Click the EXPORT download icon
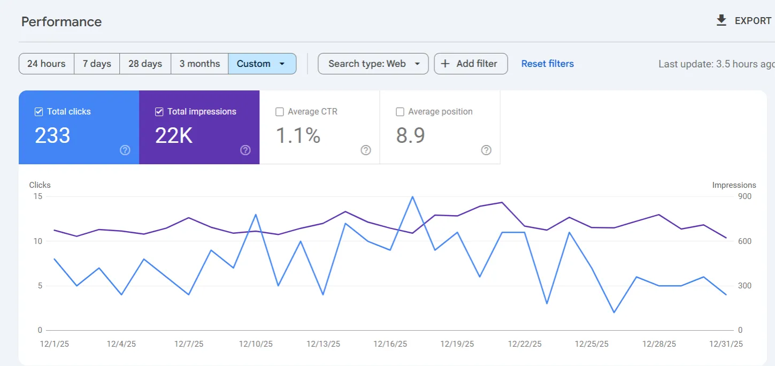coord(721,20)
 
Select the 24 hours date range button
coord(47,64)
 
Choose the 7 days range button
coord(97,64)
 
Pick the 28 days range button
coord(145,64)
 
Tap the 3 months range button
coord(199,64)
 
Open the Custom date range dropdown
coord(262,64)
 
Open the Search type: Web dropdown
coord(373,64)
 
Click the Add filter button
coord(471,64)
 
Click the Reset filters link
coord(547,64)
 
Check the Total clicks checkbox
coord(39,112)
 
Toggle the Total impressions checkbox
coord(159,112)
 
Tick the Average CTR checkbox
coord(280,112)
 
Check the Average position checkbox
coord(400,112)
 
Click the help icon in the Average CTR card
coord(366,150)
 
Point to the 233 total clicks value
coord(52,135)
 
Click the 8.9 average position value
coord(410,135)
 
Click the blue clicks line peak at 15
coord(412,197)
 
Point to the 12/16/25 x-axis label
coord(390,344)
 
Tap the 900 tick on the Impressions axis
coord(745,196)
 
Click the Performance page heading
coord(61,22)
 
